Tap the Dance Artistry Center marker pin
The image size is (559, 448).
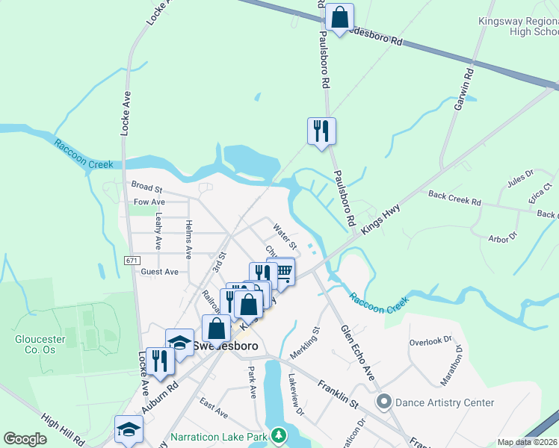coord(384,402)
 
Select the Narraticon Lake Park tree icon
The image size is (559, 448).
coord(279,435)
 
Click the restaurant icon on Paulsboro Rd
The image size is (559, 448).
coord(321,131)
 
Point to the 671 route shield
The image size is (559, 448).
coord(132,260)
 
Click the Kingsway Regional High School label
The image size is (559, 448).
coord(518,26)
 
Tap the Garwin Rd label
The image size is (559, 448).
coord(463,90)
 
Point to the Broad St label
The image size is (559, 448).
coord(146,187)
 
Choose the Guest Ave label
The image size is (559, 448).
coord(159,272)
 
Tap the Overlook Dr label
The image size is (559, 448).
coord(430,341)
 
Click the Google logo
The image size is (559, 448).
coord(25,439)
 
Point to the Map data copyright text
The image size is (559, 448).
coord(528,442)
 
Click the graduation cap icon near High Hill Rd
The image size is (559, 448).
coord(129,429)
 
